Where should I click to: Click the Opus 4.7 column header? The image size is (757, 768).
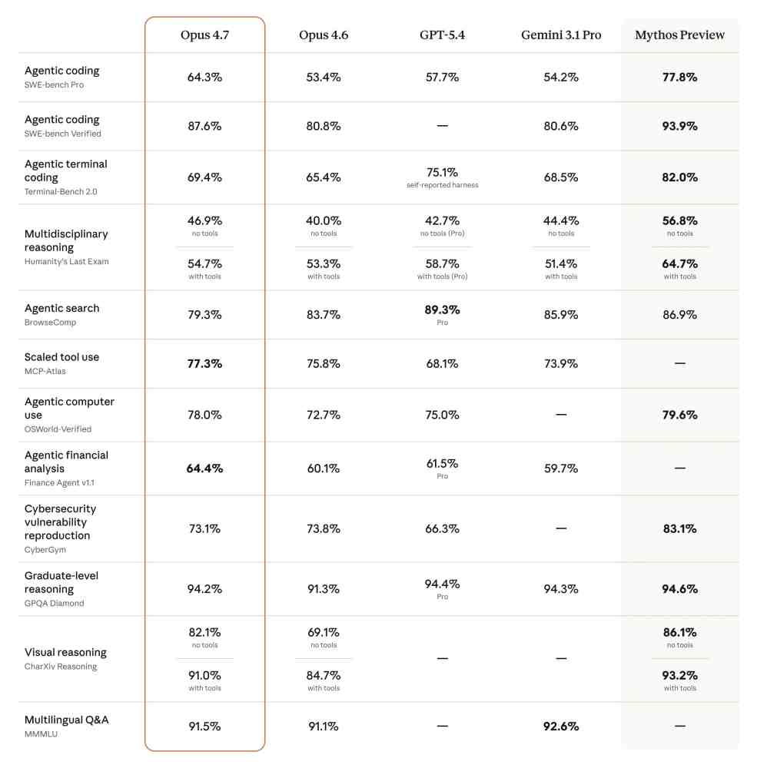[204, 35]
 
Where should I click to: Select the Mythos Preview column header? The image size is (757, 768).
[679, 35]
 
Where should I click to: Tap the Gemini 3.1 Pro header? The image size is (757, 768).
[561, 35]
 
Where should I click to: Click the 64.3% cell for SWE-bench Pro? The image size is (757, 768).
[204, 77]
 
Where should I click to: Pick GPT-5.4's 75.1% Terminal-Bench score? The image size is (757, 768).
[442, 172]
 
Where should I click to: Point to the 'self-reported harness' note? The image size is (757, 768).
[442, 185]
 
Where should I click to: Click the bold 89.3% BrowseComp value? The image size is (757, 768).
[442, 310]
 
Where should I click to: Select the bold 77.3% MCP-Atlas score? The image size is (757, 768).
[204, 363]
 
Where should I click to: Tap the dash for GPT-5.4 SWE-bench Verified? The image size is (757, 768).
[442, 126]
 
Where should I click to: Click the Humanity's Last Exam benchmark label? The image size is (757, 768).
[67, 261]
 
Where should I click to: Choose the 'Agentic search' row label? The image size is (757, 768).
[61, 308]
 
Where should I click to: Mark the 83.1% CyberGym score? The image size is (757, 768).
[679, 528]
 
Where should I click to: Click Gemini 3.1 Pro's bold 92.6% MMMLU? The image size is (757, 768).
[561, 726]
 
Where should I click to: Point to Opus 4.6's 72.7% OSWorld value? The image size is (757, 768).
[324, 415]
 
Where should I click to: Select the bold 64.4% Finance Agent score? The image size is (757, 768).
[204, 468]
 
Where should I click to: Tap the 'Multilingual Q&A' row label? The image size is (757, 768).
[66, 720]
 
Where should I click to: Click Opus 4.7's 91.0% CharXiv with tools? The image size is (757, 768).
[204, 675]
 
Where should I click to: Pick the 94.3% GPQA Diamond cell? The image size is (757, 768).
[561, 589]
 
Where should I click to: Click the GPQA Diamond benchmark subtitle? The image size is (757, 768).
[55, 603]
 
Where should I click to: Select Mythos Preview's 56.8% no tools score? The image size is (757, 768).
[679, 220]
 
